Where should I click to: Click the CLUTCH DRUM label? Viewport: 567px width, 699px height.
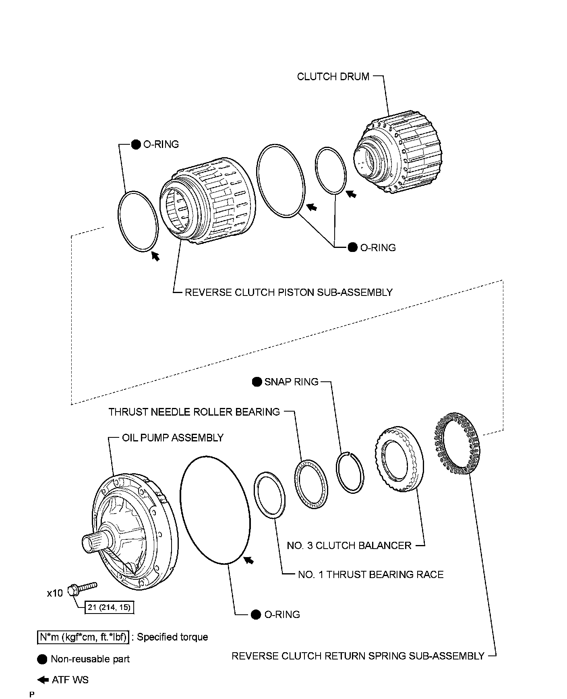pyautogui.click(x=333, y=77)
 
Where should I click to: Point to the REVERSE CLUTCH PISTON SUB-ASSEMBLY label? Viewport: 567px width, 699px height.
pyautogui.click(x=288, y=292)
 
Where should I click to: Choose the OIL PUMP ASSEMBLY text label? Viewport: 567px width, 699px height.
pyautogui.click(x=172, y=438)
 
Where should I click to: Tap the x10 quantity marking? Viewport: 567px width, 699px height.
pyautogui.click(x=55, y=593)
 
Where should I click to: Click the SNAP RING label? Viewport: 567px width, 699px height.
pyautogui.click(x=291, y=382)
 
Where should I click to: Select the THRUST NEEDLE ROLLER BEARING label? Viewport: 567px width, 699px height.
pyautogui.click(x=194, y=412)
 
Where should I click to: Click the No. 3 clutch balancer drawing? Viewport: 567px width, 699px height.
pyautogui.click(x=399, y=460)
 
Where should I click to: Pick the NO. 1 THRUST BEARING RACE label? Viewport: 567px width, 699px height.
pyautogui.click(x=370, y=574)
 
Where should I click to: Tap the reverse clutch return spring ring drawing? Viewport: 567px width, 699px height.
pyautogui.click(x=457, y=443)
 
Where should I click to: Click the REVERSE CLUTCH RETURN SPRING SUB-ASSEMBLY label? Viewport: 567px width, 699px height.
pyautogui.click(x=358, y=656)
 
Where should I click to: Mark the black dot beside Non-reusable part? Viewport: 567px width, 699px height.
pyautogui.click(x=42, y=659)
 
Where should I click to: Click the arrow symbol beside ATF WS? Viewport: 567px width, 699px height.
pyautogui.click(x=42, y=680)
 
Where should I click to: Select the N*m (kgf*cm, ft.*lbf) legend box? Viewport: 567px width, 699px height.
pyautogui.click(x=83, y=637)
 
